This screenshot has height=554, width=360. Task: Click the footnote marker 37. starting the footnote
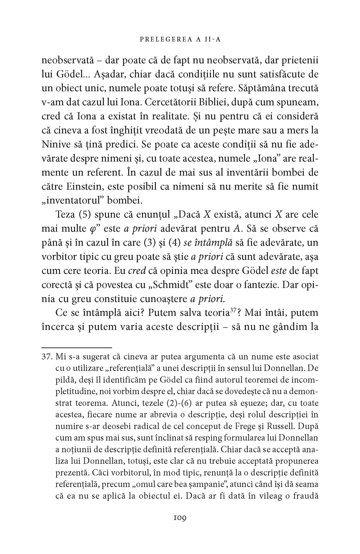pyautogui.click(x=47, y=357)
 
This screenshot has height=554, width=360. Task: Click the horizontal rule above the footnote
pyautogui.click(x=76, y=347)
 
